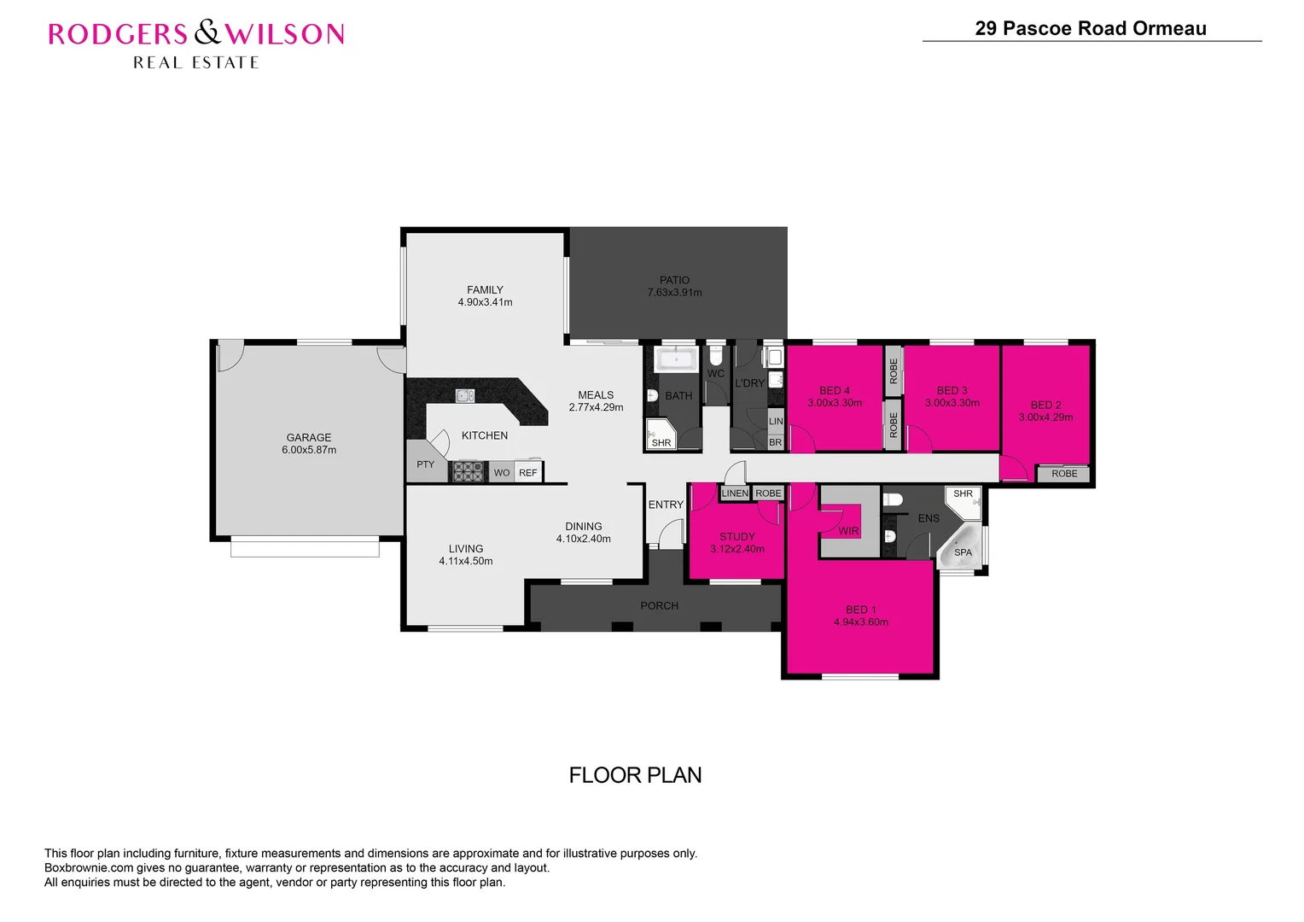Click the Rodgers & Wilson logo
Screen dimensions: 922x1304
(x=196, y=44)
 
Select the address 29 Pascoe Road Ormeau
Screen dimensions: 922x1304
(x=1090, y=28)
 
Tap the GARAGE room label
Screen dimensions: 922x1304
(x=309, y=437)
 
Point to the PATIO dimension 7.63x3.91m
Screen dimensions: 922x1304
(x=674, y=293)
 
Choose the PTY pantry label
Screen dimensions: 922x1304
(x=425, y=464)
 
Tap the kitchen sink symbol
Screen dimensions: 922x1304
(x=465, y=395)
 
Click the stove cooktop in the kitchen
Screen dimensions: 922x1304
(x=469, y=471)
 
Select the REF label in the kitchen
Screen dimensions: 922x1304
(x=528, y=472)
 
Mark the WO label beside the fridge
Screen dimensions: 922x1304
(x=502, y=472)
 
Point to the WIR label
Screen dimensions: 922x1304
(x=848, y=531)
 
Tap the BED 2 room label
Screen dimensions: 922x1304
(x=1045, y=405)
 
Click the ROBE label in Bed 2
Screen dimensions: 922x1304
(x=1064, y=474)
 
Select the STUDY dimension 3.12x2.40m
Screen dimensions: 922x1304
(x=737, y=549)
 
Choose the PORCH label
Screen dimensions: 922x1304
(x=659, y=605)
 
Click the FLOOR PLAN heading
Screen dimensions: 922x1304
(x=635, y=775)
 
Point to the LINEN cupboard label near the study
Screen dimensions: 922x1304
(x=735, y=493)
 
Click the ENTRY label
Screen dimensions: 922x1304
(x=666, y=505)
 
